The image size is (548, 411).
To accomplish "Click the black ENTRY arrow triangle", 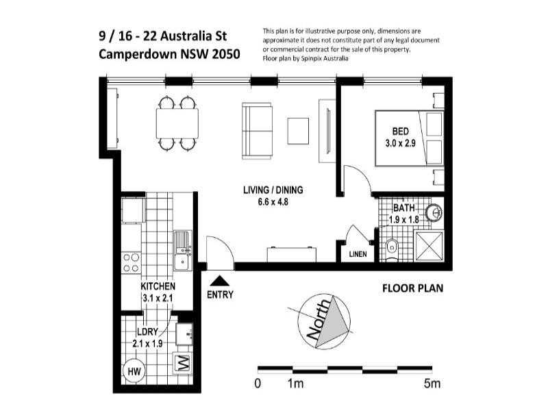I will tap(220, 280).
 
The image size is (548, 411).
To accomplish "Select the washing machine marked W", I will tap(183, 363).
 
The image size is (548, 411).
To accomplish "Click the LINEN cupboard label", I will tap(358, 254).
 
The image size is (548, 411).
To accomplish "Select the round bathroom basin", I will tap(433, 213).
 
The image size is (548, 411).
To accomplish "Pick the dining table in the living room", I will tap(177, 123).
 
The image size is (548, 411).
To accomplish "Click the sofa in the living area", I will tap(258, 130).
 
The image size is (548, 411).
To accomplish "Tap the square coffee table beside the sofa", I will tap(298, 131).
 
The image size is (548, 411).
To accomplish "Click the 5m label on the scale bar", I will tap(432, 384).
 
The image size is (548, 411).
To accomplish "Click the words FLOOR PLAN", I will tap(412, 288).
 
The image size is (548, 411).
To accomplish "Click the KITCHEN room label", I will tap(158, 286).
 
